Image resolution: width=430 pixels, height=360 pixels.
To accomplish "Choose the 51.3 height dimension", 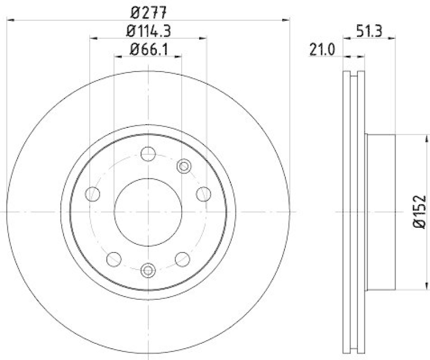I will (x=369, y=31).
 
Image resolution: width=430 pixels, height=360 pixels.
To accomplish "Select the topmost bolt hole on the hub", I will (x=148, y=154).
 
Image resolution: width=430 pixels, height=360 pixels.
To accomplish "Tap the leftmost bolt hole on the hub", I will (x=93, y=194).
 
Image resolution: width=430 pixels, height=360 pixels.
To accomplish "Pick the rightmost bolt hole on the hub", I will (x=203, y=194).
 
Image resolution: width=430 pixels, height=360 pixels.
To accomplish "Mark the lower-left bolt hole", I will (x=114, y=258).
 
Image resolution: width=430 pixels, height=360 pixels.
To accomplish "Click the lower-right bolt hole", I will (x=182, y=258).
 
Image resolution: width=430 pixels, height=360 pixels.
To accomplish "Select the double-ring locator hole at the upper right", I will (x=184, y=166).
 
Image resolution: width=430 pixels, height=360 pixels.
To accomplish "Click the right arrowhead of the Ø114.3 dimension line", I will (x=204, y=38).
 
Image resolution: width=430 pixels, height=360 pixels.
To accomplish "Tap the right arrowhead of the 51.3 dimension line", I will (x=393, y=38).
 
